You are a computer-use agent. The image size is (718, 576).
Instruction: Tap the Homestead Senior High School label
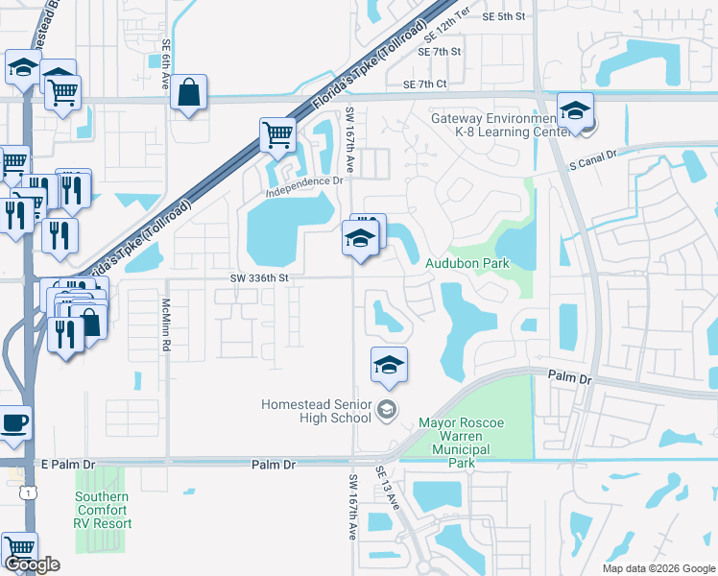click(316, 411)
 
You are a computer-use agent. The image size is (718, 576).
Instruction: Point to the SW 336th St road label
click(259, 278)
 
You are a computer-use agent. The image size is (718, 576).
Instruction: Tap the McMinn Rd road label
click(166, 324)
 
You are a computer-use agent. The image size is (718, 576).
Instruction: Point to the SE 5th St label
click(504, 16)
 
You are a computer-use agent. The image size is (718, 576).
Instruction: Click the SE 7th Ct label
click(425, 84)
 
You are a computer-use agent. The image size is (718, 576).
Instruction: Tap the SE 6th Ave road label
click(166, 60)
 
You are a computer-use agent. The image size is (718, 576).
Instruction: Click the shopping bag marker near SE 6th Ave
click(190, 93)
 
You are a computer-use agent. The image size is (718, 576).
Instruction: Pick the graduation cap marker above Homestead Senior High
click(388, 365)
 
